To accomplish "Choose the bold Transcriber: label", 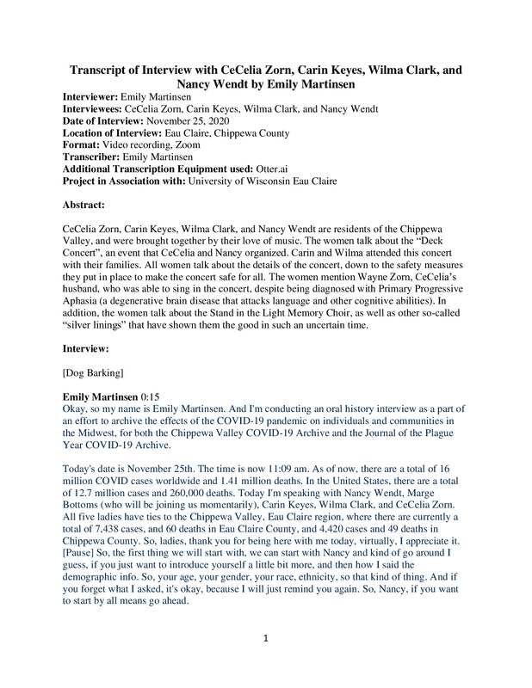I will (x=95, y=158).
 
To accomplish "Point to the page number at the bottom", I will (x=266, y=662).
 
